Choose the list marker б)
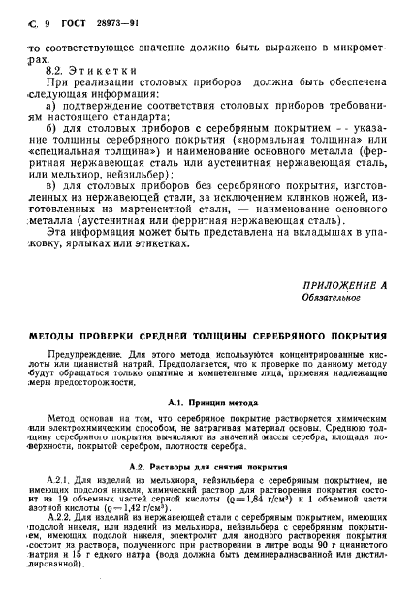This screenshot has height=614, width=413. [x=54, y=156]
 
